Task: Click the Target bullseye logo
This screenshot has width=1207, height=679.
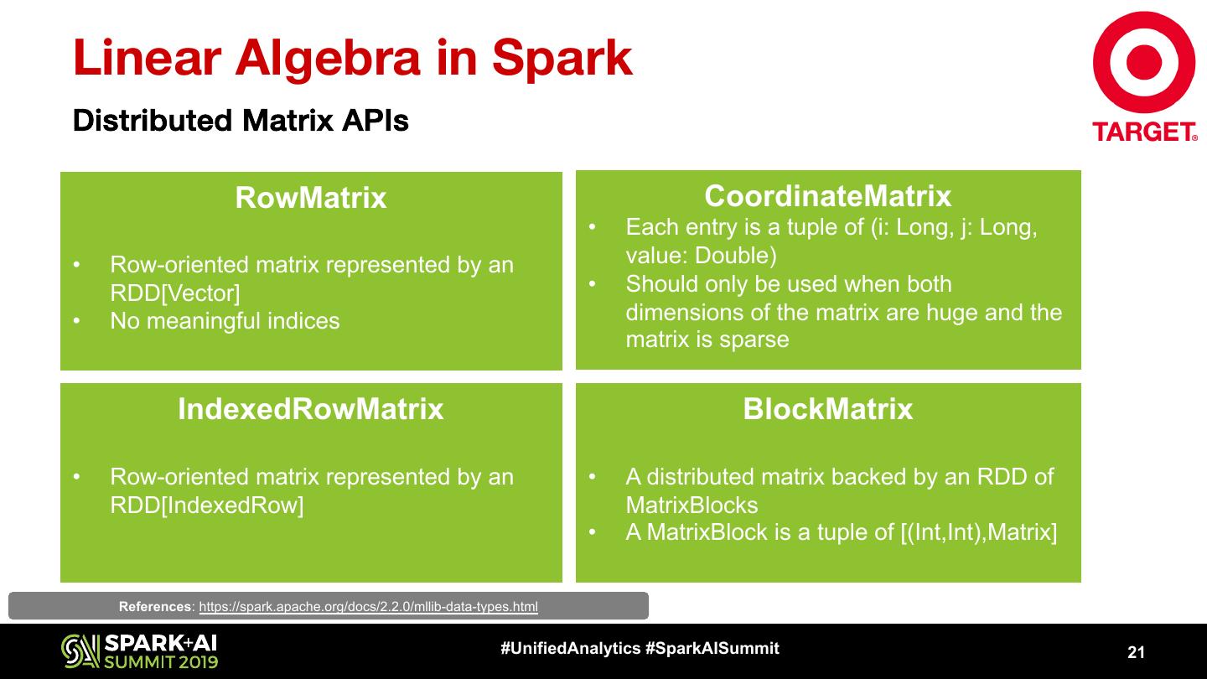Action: click(1144, 63)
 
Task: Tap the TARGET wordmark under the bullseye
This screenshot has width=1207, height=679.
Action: click(1144, 132)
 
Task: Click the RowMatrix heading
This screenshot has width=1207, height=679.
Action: click(311, 198)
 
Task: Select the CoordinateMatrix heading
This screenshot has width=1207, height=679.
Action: click(828, 195)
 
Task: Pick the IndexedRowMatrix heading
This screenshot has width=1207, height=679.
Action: click(311, 409)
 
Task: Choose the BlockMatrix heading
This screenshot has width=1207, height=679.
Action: click(828, 409)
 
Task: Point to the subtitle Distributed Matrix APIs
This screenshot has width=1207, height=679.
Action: click(241, 121)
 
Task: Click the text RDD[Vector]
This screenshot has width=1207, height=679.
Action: click(175, 293)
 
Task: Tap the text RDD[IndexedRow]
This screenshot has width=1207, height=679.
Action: click(207, 505)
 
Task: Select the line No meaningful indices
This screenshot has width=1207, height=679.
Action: click(225, 321)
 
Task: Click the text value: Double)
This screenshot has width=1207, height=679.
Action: click(701, 256)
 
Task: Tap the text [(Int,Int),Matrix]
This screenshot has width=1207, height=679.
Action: click(978, 532)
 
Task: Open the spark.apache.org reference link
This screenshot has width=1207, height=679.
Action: click(368, 607)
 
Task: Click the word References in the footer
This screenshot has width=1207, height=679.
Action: click(155, 607)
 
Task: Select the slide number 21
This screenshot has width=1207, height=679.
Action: click(1136, 652)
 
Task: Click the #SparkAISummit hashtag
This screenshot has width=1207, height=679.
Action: click(712, 648)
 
